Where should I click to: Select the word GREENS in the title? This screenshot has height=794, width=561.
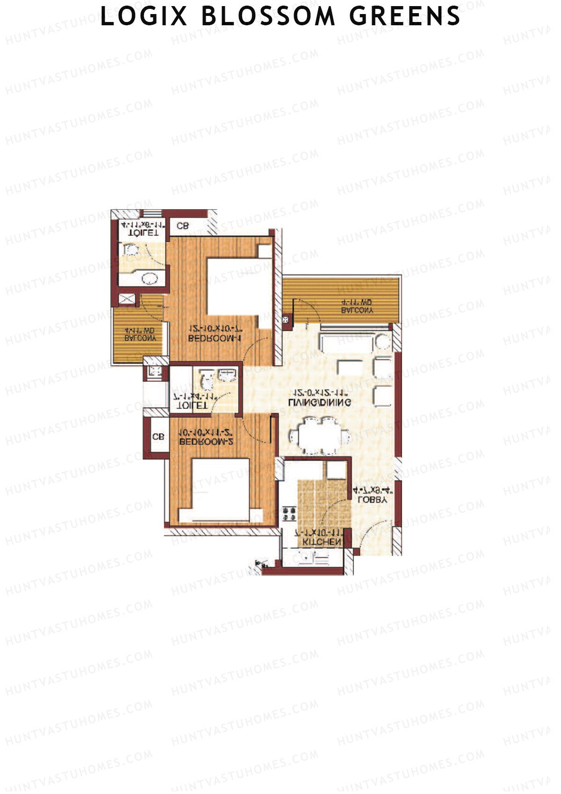pos(405,16)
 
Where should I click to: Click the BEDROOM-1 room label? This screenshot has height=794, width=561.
pos(215,338)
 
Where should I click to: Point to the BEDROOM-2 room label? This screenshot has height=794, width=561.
pos(206,442)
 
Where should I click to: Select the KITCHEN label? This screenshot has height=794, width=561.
pos(322,542)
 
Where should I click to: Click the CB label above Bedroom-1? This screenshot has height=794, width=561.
pos(182,226)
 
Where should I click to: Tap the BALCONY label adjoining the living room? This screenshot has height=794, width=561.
pos(357,310)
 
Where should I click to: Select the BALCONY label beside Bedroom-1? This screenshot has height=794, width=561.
pos(140,338)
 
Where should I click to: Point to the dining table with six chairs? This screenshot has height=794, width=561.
pos(320,436)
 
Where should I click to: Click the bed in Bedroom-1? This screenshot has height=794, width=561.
pos(238,287)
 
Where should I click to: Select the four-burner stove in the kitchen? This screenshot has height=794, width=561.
pos(289,513)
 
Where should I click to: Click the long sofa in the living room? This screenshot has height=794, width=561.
pos(346,342)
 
